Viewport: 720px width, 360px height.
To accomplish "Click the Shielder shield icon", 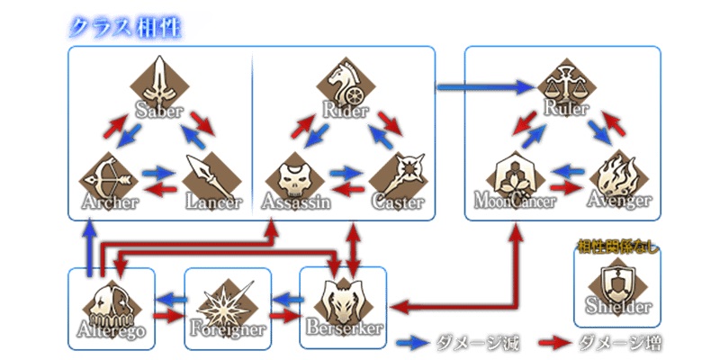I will [617, 279].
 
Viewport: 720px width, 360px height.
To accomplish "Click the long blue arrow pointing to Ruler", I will [486, 87].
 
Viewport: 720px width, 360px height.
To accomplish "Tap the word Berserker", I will [343, 328].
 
